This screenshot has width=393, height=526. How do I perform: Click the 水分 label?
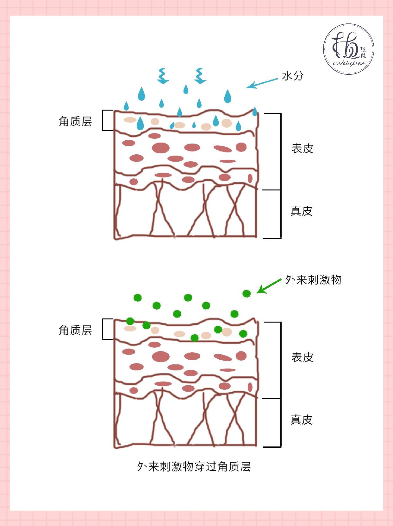click(x=292, y=76)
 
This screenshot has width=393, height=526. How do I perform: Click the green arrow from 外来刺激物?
click(x=269, y=286)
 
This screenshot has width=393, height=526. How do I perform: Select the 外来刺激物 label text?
click(x=313, y=280)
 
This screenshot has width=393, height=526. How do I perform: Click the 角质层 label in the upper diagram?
click(x=75, y=121)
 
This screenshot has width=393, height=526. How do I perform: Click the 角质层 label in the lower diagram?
click(x=75, y=330)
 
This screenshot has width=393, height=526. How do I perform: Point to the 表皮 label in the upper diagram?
click(x=302, y=148)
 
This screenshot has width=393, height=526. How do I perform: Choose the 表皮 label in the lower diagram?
click(x=302, y=357)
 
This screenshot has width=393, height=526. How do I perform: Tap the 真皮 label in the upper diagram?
click(x=302, y=211)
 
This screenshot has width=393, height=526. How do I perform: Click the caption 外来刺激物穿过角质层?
click(x=194, y=467)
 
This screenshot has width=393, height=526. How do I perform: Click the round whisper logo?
click(x=349, y=49)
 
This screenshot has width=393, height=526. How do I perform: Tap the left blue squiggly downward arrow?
click(x=163, y=76)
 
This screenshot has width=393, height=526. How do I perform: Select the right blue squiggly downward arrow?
click(x=200, y=76)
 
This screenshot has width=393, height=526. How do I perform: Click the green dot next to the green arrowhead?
click(x=246, y=293)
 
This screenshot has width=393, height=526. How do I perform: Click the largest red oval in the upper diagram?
click(x=161, y=148)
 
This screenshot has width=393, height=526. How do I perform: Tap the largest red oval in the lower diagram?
click(x=161, y=356)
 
